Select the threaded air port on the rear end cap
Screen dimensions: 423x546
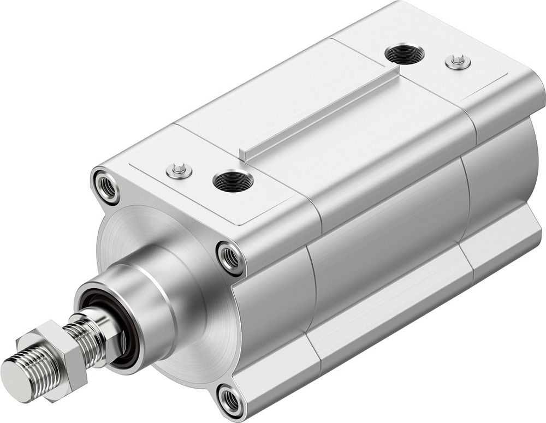405,55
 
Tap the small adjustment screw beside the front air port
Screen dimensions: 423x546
179,171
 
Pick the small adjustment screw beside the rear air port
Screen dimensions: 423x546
458,61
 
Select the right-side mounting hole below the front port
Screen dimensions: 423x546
230,257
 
